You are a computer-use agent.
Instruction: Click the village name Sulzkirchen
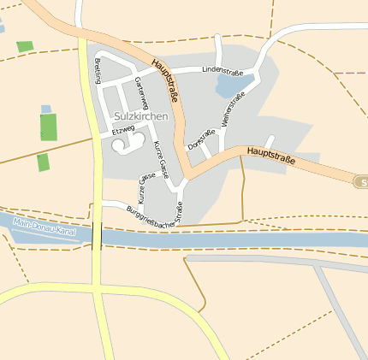pos(139,116)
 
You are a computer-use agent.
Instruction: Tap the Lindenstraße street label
pos(223,69)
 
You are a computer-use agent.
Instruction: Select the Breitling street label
pos(98,70)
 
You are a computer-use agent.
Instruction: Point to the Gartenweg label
pos(140,91)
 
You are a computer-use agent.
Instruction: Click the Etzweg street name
pos(123,130)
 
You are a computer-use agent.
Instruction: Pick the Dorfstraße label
pos(201,139)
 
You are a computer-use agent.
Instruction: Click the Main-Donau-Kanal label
pos(45,228)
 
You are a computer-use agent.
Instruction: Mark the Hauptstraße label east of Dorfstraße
pos(271,155)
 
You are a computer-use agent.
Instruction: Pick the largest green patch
pos(48,127)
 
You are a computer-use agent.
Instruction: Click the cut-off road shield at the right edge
pos(361,182)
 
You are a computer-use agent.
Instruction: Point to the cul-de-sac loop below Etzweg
pos(122,145)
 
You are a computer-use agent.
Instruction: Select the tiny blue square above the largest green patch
pos(46,109)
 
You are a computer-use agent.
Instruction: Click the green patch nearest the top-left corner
pos(24,46)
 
